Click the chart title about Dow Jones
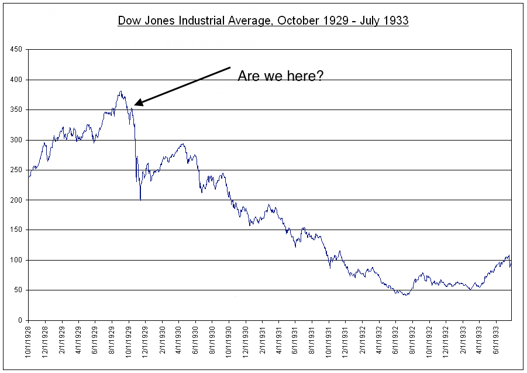263,20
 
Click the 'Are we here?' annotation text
280,76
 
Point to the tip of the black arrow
135,105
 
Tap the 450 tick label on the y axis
16,50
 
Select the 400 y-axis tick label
16,80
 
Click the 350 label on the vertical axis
16,110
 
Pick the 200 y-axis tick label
16,200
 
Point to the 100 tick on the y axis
16,260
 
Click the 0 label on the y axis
20,320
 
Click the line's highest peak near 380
120,91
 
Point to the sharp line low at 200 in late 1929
140,200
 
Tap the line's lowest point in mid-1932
405,295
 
